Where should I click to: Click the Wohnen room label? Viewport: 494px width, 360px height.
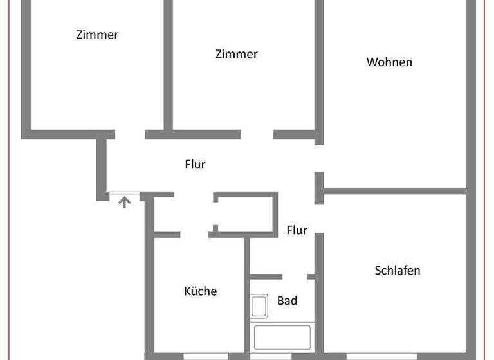click(389, 62)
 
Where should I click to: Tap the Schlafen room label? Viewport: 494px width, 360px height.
click(398, 270)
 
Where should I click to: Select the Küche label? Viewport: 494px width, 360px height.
click(201, 291)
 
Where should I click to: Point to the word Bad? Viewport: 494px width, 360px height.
click(287, 300)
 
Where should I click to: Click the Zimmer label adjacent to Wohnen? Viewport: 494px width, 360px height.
click(236, 54)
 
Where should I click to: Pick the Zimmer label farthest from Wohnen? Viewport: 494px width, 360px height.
click(97, 35)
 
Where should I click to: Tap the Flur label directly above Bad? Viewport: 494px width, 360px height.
click(297, 230)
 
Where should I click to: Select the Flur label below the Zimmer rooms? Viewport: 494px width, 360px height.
click(195, 165)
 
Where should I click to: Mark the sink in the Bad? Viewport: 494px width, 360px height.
click(259, 305)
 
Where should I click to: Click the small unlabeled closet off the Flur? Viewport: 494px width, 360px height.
click(245, 212)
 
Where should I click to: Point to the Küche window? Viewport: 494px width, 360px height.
click(205, 355)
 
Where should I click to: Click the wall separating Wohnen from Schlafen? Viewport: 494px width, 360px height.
click(395, 191)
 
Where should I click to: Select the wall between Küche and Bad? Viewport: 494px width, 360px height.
click(247, 296)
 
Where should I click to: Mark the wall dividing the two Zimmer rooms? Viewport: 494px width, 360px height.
click(168, 64)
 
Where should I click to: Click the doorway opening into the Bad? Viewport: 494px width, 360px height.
click(295, 276)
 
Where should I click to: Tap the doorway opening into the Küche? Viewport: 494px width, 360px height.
click(194, 235)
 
